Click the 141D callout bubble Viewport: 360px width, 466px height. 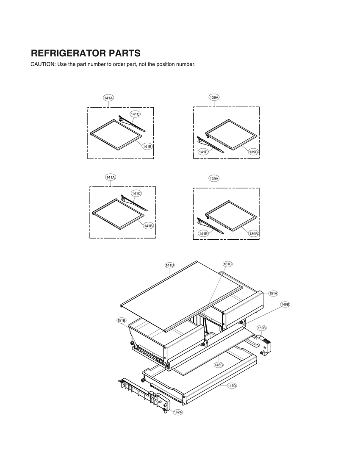pyautogui.click(x=169, y=265)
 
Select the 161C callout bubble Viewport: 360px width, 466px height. pyautogui.click(x=227, y=264)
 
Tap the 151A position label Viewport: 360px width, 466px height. pyautogui.click(x=273, y=293)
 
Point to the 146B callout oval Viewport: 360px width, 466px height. pyautogui.click(x=285, y=304)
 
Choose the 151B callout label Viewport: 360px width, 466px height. pyautogui.click(x=122, y=320)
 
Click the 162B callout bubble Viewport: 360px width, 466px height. pyautogui.click(x=261, y=328)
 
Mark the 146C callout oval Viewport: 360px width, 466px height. pyautogui.click(x=219, y=364)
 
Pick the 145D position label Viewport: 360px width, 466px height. pyautogui.click(x=232, y=386)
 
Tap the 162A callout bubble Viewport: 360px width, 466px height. pyautogui.click(x=178, y=412)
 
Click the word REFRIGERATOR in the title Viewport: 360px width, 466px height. pyautogui.click(x=69, y=53)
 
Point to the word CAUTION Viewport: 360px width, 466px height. pyautogui.click(x=43, y=64)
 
